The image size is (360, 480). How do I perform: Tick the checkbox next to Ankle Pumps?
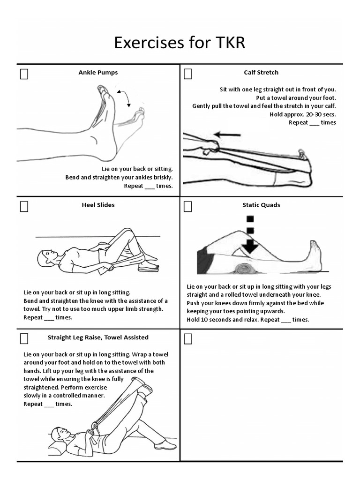[x=24, y=74]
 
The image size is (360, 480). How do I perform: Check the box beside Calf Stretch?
[x=188, y=74]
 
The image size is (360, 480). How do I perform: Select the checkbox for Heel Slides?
[x=24, y=207]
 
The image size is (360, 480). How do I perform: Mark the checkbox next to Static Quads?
[x=188, y=207]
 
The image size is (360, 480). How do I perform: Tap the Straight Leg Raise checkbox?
[x=24, y=339]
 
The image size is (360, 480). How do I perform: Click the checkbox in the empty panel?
[x=188, y=339]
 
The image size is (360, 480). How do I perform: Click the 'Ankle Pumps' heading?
[x=98, y=73]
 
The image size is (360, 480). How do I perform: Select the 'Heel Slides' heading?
[x=98, y=205]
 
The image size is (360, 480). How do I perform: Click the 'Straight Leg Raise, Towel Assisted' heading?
[x=98, y=337]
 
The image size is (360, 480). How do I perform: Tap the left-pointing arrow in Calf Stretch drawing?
[x=228, y=135]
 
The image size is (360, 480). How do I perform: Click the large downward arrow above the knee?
[x=250, y=245]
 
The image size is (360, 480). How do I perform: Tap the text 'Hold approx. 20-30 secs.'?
[x=303, y=114]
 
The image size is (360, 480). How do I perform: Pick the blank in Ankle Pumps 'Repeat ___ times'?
[x=149, y=186]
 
